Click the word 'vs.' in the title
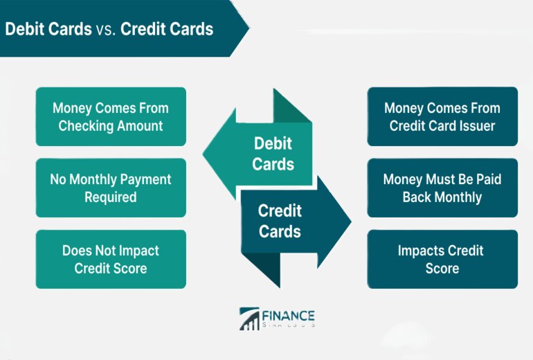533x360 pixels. click(106, 29)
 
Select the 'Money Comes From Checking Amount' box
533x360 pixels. click(111, 116)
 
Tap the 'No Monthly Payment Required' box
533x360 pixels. click(111, 188)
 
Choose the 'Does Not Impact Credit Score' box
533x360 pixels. click(111, 259)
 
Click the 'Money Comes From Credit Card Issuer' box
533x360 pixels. click(442, 116)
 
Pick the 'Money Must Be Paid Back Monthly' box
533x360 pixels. click(442, 188)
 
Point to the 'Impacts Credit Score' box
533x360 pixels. click(442, 259)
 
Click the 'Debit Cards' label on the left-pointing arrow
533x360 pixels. click(273, 154)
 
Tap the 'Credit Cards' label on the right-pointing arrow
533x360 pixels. click(280, 221)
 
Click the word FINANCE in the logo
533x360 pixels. click(288, 316)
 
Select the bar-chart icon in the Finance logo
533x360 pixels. click(249, 319)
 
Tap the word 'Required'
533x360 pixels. click(111, 197)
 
